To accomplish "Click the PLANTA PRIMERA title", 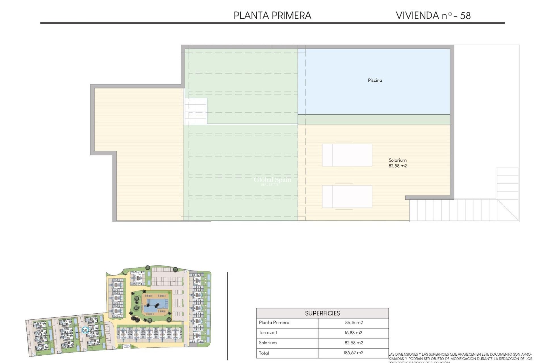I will tap(272, 15).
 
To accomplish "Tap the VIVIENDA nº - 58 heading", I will tap(433, 15).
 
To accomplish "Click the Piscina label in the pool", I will tap(375, 80).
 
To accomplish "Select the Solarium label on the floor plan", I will tap(397, 160).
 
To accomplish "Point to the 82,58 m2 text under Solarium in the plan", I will tap(397, 166).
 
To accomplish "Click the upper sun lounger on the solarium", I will tap(347, 155).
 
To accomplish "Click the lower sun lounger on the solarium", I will tap(347, 196).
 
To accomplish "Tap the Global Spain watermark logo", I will tap(272, 180).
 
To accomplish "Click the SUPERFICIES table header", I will tap(322, 313).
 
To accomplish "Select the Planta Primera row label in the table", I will tap(274, 322).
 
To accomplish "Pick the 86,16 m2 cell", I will tap(354, 322).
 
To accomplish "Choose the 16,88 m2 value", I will tap(353, 333).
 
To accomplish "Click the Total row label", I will tap(264, 353).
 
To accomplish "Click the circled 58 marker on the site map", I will tap(85, 330).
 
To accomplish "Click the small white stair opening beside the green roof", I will tap(196, 111).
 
